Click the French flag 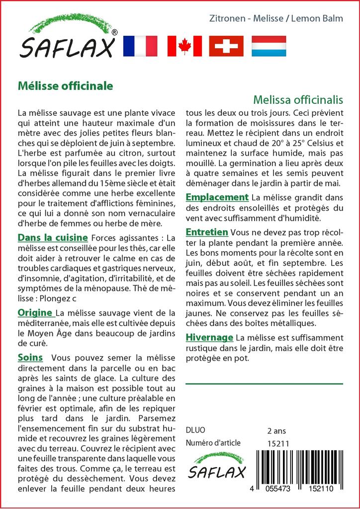coord(140,46)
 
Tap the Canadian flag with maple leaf coord(184,46)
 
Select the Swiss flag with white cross coord(226,46)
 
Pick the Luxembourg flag coord(269,46)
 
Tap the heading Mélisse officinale coord(65,85)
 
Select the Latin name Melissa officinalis coord(298,99)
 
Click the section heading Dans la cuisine coord(53,238)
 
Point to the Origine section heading coord(35,313)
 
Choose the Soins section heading coord(30,357)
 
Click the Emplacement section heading coord(217,197)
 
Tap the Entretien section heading coord(207,232)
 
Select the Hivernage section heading coord(209,338)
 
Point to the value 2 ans coord(276,430)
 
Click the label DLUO coord(195,430)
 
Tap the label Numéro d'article coord(213,443)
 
